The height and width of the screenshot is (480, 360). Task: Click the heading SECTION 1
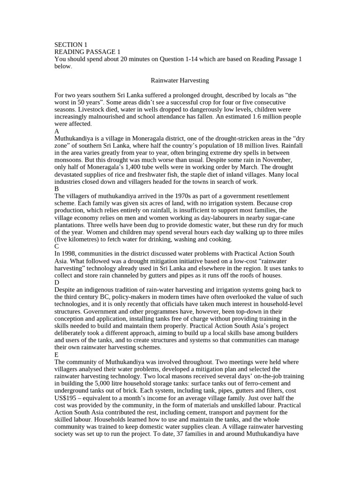click(71, 45)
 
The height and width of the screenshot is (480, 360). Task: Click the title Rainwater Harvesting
click(180, 80)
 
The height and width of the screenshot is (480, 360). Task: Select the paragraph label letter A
click(57, 131)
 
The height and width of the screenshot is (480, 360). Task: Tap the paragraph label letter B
click(57, 189)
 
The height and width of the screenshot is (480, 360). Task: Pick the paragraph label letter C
click(57, 247)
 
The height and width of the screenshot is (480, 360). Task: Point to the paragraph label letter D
click(57, 283)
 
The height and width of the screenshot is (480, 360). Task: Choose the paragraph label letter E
click(56, 355)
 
